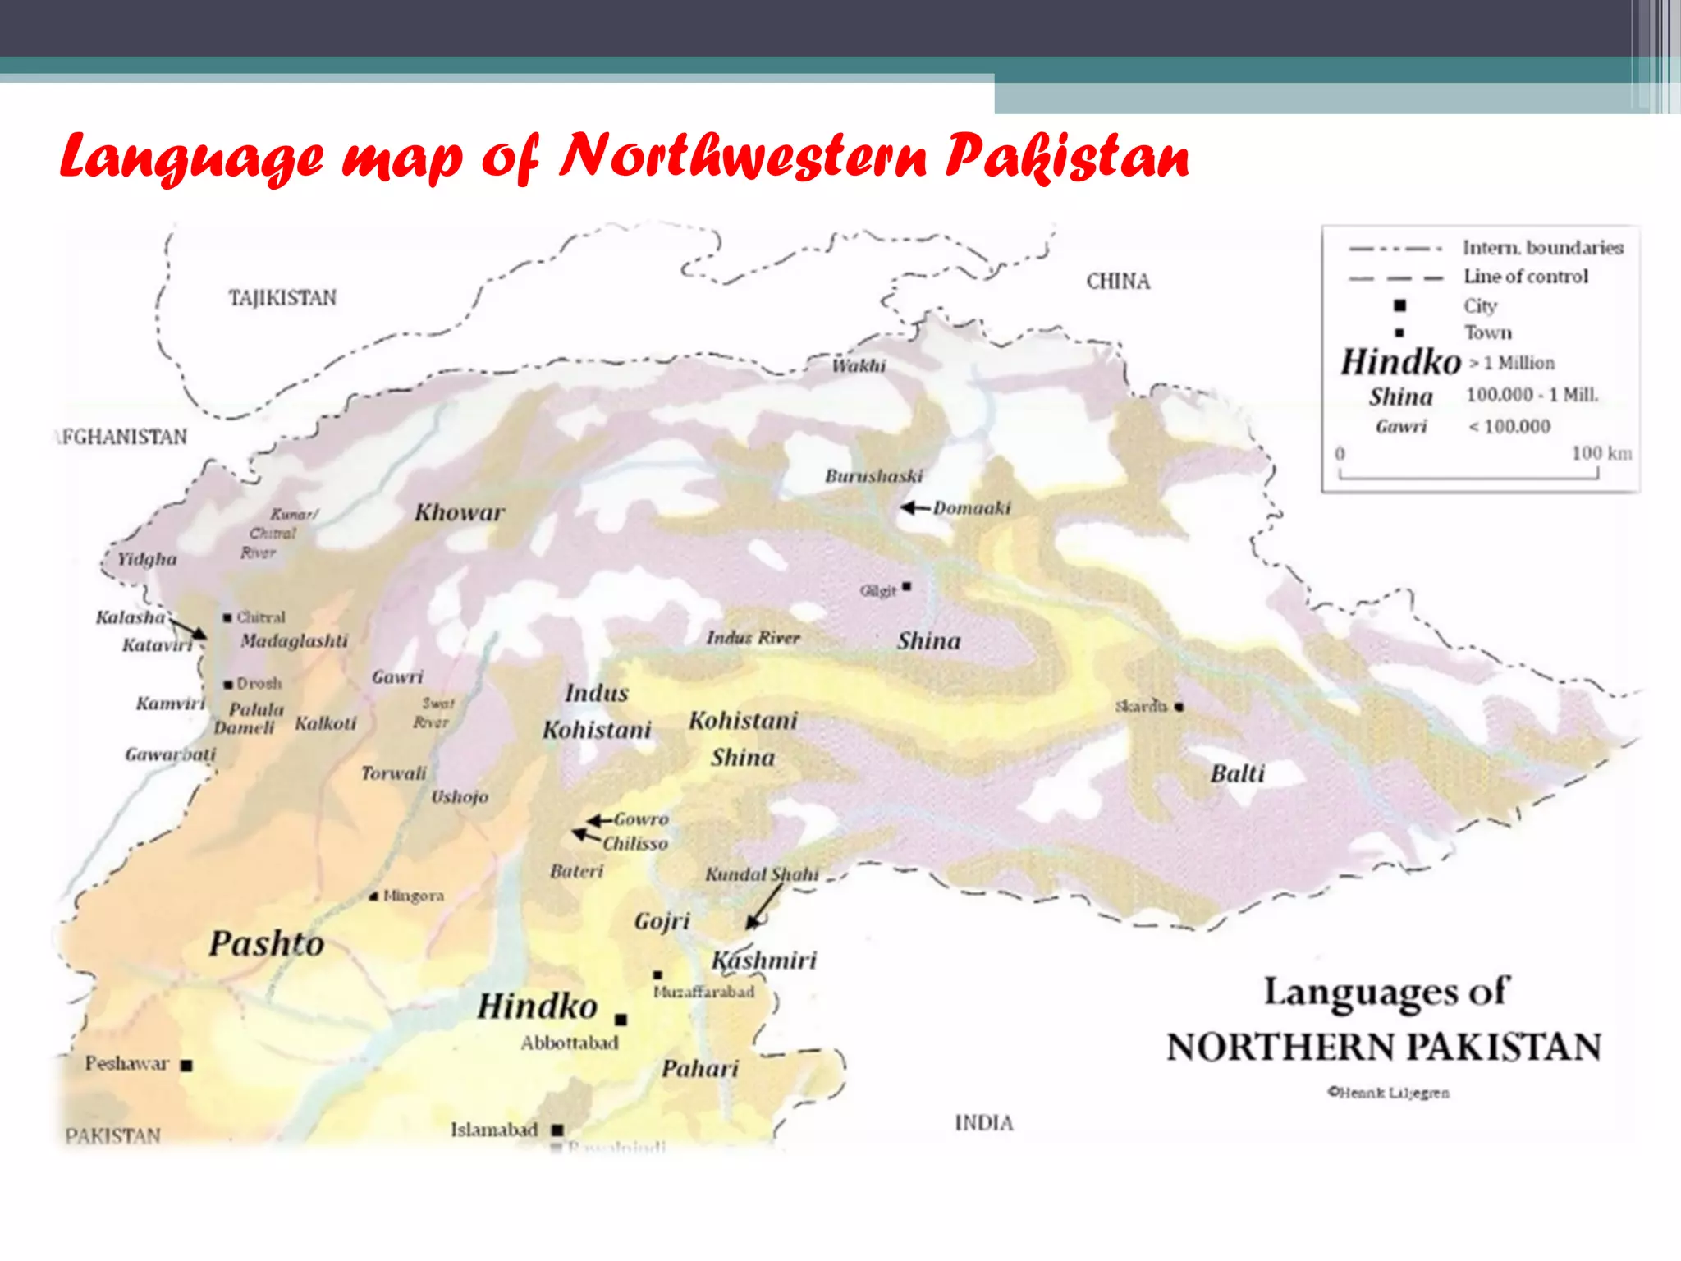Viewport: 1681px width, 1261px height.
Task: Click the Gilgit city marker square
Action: [906, 586]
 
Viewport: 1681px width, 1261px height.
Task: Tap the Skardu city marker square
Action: [1179, 707]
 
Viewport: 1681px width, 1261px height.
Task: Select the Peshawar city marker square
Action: [186, 1066]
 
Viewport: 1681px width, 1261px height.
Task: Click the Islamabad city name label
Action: [494, 1130]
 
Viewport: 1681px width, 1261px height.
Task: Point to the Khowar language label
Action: [459, 513]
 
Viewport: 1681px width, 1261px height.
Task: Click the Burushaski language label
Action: [873, 476]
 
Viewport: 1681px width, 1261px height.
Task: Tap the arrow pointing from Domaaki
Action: [914, 508]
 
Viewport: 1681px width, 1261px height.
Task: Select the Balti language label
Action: [1237, 773]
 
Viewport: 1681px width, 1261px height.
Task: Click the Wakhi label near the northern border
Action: [859, 366]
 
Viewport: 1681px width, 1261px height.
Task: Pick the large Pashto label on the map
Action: [266, 943]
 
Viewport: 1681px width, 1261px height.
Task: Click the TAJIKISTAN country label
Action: [282, 298]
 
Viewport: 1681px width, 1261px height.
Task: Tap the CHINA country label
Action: [1118, 282]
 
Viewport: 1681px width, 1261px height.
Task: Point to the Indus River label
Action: [753, 638]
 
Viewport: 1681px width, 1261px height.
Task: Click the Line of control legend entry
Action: [1525, 277]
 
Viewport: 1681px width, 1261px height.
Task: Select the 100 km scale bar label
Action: [1601, 453]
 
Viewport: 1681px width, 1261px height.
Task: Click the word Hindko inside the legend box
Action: [1400, 362]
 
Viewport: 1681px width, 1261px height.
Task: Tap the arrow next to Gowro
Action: [599, 820]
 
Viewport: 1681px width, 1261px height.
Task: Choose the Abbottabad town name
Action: [569, 1043]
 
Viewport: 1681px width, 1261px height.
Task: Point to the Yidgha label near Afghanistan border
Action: [147, 559]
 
